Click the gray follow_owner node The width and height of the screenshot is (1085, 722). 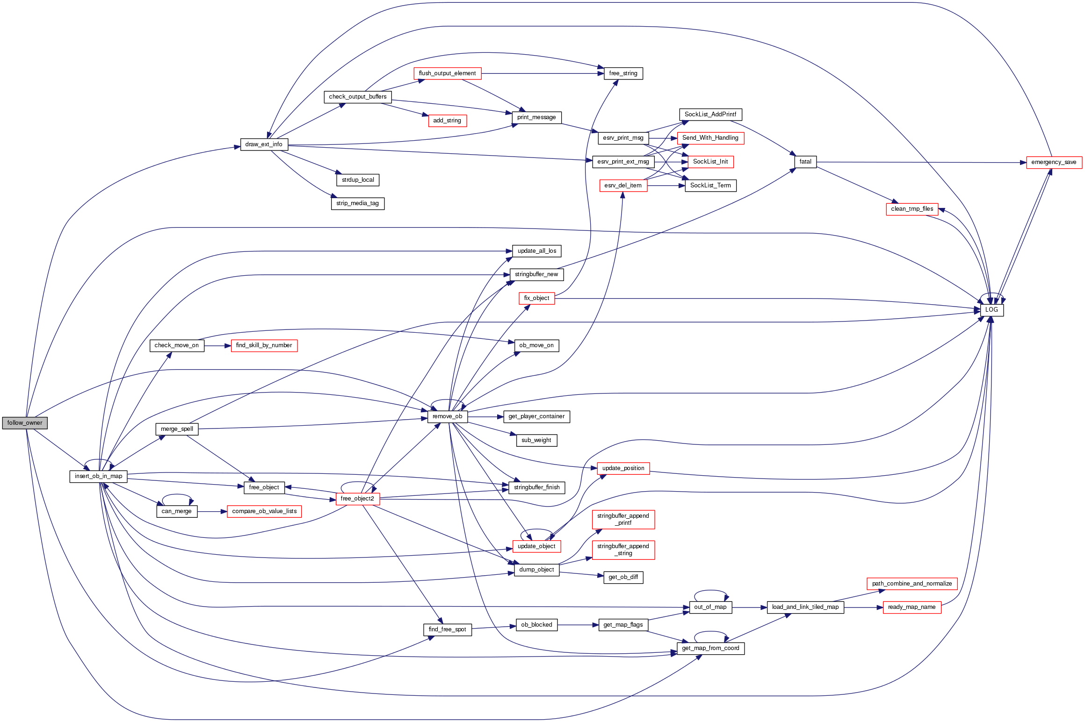[x=25, y=423]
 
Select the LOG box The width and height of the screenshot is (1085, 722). [x=991, y=310]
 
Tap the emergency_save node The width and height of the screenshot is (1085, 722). [x=1054, y=162]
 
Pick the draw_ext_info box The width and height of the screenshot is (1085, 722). [x=264, y=144]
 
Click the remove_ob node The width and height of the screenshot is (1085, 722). [x=447, y=416]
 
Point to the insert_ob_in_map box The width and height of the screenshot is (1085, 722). [x=98, y=476]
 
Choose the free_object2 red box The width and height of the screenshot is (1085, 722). [x=357, y=499]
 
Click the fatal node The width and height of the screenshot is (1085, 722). [x=805, y=162]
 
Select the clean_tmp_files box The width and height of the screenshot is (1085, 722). [x=911, y=209]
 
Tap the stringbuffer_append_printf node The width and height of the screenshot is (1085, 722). [x=623, y=519]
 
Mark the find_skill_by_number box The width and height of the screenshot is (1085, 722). [x=264, y=345]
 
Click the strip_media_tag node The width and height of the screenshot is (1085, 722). [x=357, y=203]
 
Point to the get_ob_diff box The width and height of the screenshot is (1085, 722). [x=623, y=577]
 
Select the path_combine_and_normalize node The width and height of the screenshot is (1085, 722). [x=911, y=584]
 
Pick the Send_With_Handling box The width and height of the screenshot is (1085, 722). [x=710, y=138]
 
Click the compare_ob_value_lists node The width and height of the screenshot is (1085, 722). [x=264, y=511]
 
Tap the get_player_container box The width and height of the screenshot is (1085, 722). [x=536, y=416]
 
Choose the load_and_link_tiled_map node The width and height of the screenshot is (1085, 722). [x=805, y=607]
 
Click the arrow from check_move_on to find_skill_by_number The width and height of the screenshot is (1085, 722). [x=217, y=346]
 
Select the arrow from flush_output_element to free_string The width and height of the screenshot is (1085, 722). [x=542, y=73]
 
